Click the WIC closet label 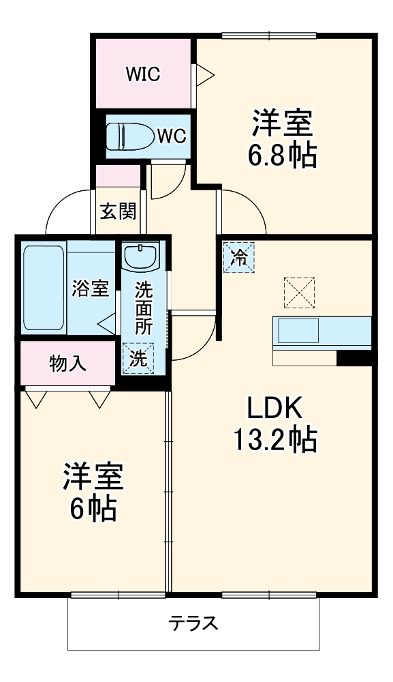tap(142, 74)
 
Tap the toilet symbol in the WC tap(129, 136)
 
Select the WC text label tap(171, 136)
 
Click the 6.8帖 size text tap(282, 158)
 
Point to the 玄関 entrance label tap(118, 211)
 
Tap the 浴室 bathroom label tap(91, 288)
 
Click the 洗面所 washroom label tap(143, 307)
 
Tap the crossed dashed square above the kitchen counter tap(299, 293)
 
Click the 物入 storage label tap(67, 364)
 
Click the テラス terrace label tap(193, 623)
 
